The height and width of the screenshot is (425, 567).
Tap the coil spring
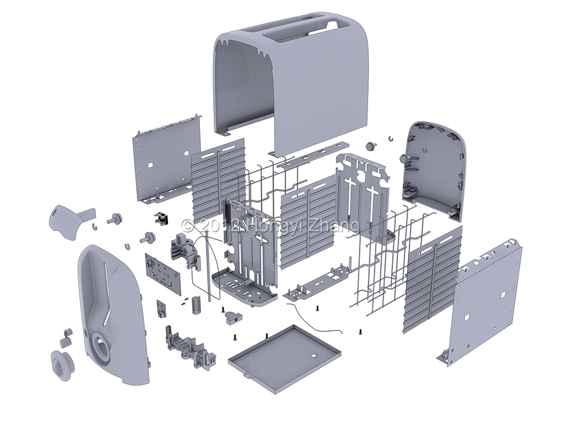tap(195, 304)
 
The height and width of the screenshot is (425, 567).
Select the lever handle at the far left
tap(69, 219)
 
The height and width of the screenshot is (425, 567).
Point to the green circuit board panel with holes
tap(161, 272)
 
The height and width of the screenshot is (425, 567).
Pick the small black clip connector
tap(161, 218)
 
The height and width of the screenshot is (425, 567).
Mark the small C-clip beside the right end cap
tap(390, 137)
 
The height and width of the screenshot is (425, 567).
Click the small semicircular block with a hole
tap(233, 318)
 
